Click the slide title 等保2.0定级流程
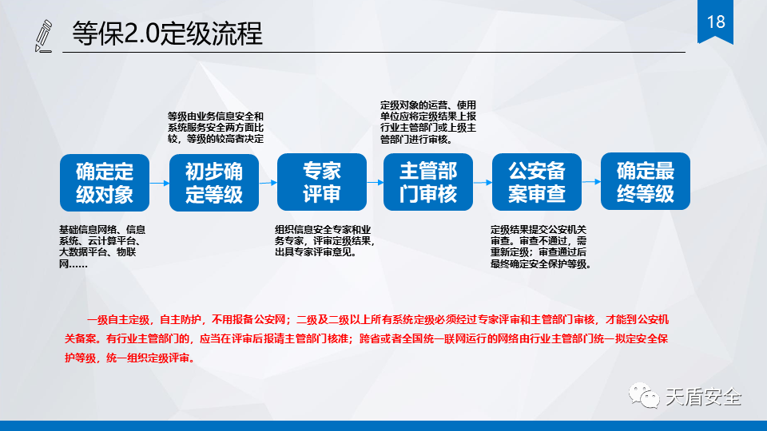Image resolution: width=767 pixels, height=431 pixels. point(167,34)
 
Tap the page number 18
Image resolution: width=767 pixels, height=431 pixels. point(716,22)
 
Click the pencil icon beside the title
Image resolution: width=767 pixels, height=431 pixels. point(43,36)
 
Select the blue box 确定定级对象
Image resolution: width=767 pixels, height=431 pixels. point(105,183)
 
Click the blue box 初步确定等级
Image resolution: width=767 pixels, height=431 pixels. point(214,183)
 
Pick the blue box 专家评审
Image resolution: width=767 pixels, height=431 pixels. point(322,182)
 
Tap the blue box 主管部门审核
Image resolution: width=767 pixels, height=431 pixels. point(428,182)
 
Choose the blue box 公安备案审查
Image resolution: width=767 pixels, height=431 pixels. point(537,182)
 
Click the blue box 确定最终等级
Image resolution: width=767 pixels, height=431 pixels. point(646,181)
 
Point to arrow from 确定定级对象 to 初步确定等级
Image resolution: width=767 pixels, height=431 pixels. point(160,184)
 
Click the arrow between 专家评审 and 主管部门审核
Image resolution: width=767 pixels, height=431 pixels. point(376,182)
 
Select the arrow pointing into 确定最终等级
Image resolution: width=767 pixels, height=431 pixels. point(591,182)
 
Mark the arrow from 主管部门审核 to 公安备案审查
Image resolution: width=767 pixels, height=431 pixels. point(483,182)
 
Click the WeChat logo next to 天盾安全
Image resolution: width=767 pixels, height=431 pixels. point(644,395)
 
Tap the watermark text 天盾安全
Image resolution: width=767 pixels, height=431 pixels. point(703,397)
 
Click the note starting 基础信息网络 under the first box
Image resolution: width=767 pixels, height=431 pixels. point(102,247)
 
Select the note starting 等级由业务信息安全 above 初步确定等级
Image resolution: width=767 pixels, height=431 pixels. point(216,128)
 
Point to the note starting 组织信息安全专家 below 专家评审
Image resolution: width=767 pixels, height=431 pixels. point(324,241)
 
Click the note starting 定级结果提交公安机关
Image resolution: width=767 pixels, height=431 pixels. point(541,247)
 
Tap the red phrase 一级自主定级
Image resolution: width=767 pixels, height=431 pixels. point(118,320)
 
